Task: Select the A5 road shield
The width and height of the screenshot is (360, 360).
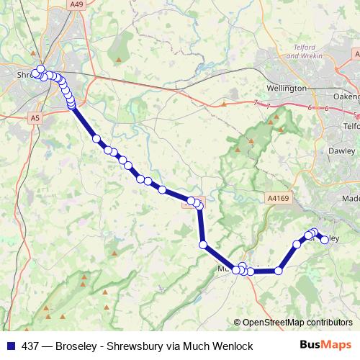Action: click(35, 117)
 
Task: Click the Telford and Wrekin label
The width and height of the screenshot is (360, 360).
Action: click(312, 53)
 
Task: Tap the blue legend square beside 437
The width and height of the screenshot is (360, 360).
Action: click(10, 346)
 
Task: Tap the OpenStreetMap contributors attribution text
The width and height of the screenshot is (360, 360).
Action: click(297, 323)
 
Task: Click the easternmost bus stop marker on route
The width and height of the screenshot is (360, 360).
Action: click(325, 240)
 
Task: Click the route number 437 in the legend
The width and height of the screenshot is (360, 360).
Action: click(31, 346)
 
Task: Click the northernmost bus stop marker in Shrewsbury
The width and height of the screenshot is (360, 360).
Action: click(41, 69)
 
